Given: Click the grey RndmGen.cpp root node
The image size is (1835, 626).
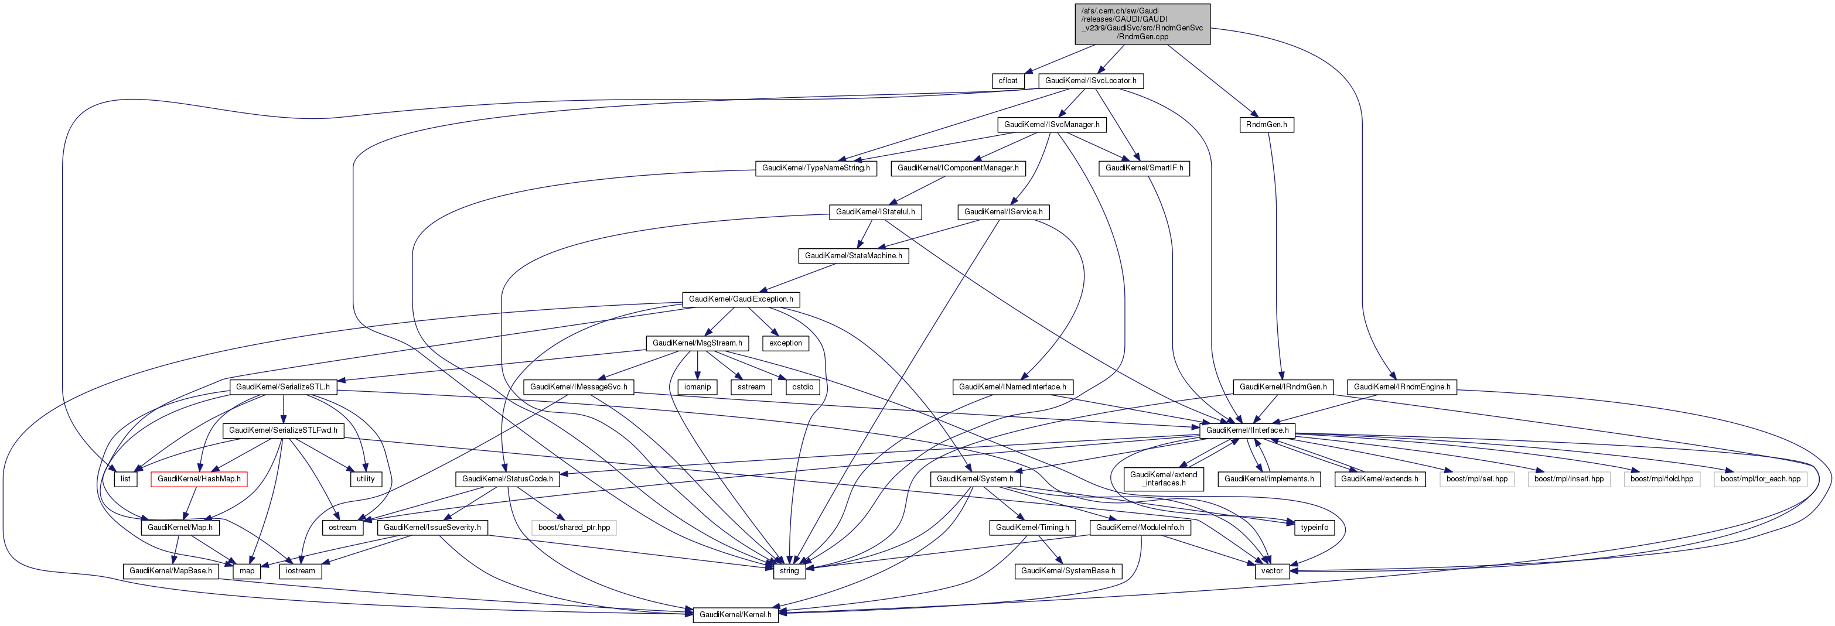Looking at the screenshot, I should [1142, 23].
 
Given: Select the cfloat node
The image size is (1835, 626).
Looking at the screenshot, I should [1007, 80].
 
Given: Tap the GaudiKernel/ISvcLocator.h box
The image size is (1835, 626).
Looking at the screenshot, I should [1090, 80].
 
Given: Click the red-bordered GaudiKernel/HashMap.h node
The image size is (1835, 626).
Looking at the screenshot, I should [199, 478].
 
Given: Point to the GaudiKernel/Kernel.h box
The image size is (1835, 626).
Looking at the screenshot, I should [735, 614].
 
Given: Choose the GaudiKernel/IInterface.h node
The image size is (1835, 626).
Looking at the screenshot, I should [1247, 430].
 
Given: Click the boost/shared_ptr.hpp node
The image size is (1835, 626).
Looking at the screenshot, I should [574, 527].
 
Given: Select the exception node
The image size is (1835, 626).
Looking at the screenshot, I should [785, 343].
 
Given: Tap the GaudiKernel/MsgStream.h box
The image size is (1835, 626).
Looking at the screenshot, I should [697, 343].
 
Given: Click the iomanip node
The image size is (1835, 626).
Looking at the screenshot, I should [697, 386].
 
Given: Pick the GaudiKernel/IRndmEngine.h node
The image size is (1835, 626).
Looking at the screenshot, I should [1401, 386].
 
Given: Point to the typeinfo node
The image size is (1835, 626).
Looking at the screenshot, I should [1314, 527].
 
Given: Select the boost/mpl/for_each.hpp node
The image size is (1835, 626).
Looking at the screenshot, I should [1759, 478].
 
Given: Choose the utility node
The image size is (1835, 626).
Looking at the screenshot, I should [366, 478].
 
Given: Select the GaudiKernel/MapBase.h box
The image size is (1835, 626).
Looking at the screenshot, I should [170, 570].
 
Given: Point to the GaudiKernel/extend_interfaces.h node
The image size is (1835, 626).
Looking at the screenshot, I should [1163, 478].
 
